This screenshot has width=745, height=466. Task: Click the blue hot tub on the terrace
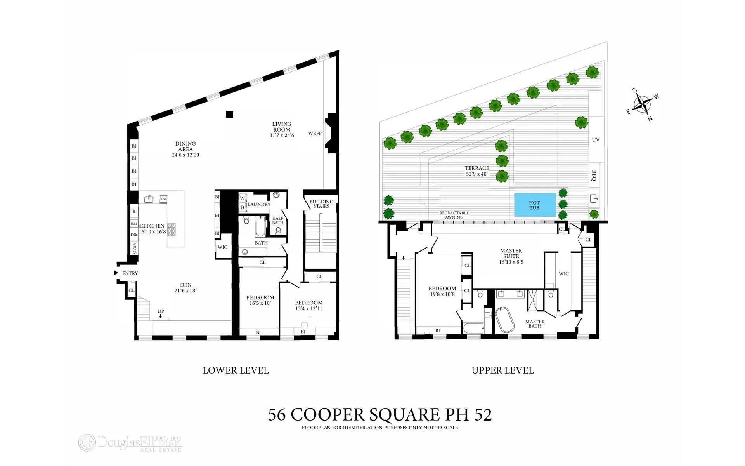pos(534,205)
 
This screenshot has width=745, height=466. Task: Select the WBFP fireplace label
pos(315,134)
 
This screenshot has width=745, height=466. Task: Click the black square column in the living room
pos(229,114)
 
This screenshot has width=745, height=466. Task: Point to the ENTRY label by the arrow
pos(130,273)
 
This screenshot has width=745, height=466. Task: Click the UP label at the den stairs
pos(161,311)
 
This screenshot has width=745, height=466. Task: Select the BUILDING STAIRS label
pos(321,204)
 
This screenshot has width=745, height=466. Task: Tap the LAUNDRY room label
pos(259,205)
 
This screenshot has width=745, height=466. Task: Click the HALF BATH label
pos(277,221)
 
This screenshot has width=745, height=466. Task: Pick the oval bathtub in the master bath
pos(504,320)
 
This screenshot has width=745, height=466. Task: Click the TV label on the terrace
pos(596,140)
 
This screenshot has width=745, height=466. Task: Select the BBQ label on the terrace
pos(594,176)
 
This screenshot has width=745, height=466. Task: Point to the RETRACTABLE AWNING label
pos(454,215)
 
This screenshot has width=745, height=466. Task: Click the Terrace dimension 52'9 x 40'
pos(477,174)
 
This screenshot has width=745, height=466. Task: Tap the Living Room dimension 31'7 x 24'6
pos(282,136)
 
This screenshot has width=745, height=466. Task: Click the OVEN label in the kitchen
pos(134,248)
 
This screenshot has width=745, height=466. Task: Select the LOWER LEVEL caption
pos(236,370)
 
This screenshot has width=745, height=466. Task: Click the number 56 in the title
pos(277,415)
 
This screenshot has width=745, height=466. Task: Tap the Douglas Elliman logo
pos(130,443)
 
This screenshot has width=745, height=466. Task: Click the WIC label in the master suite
pos(563,274)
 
